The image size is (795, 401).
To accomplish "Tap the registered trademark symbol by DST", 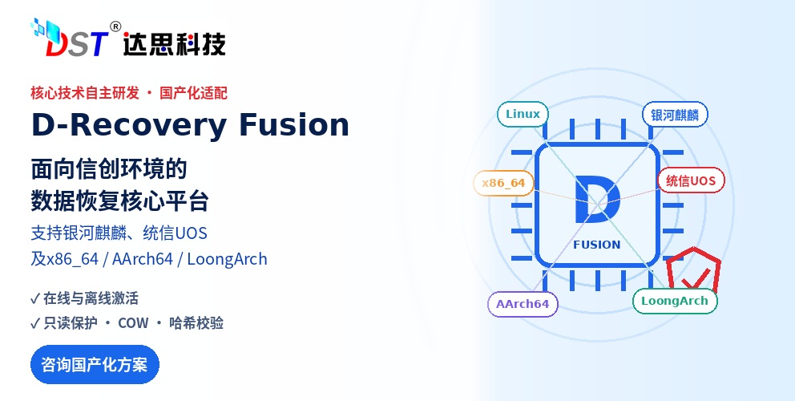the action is [115, 26].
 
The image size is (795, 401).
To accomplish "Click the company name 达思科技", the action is [174, 44].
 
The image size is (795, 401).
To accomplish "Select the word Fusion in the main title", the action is [294, 125].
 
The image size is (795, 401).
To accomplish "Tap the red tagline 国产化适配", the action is [194, 93].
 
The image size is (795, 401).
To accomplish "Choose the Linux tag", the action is [523, 114].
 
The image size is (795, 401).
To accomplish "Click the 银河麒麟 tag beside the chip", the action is [675, 115].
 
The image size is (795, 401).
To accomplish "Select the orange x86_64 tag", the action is [503, 183].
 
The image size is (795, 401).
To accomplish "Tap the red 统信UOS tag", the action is [691, 180].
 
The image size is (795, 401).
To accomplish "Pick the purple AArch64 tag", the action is [523, 304].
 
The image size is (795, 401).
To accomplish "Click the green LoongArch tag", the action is [675, 301].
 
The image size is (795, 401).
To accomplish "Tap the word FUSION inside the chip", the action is [597, 245].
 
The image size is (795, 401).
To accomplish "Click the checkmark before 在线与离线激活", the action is [35, 298].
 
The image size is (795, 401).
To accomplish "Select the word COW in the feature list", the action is [133, 323].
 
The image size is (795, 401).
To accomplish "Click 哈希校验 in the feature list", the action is [196, 323].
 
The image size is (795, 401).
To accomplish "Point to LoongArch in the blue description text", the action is [227, 259].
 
